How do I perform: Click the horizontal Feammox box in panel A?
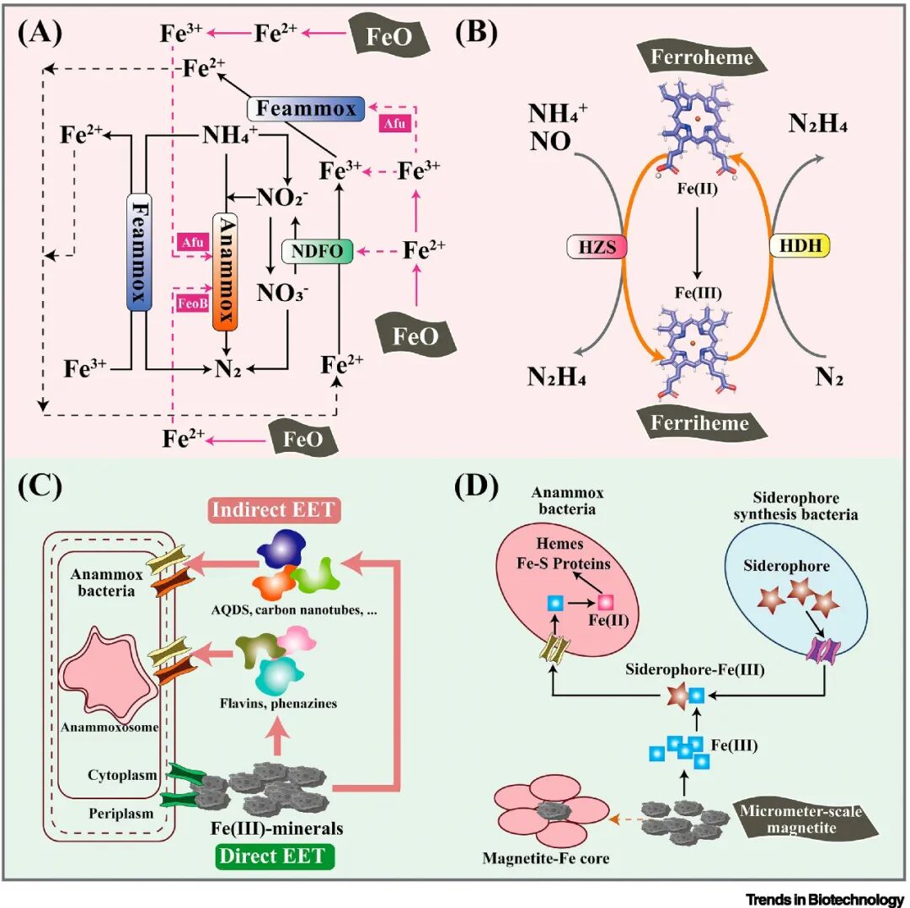click(x=307, y=108)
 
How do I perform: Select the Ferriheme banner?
click(x=699, y=421)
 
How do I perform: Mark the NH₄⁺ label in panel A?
click(x=229, y=136)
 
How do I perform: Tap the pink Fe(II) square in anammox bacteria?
click(x=605, y=603)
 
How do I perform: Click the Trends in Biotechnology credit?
click(x=836, y=896)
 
